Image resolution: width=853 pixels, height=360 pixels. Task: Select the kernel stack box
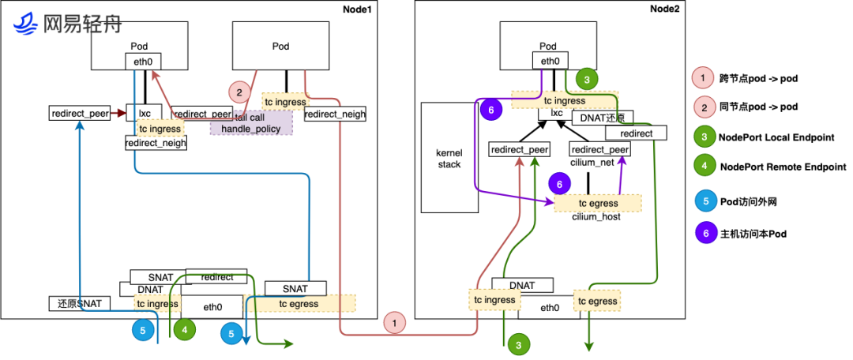click(x=449, y=157)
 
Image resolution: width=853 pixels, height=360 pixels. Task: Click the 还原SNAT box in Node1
click(x=80, y=303)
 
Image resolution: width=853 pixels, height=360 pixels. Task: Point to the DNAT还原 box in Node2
click(x=601, y=117)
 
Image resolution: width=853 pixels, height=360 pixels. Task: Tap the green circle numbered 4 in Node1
click(x=186, y=330)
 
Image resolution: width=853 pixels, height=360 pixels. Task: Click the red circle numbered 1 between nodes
click(x=396, y=321)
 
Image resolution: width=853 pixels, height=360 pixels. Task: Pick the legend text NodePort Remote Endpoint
click(x=782, y=167)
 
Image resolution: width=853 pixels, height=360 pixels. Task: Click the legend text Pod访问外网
click(x=746, y=201)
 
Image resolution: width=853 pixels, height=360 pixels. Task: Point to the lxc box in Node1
click(x=145, y=113)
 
